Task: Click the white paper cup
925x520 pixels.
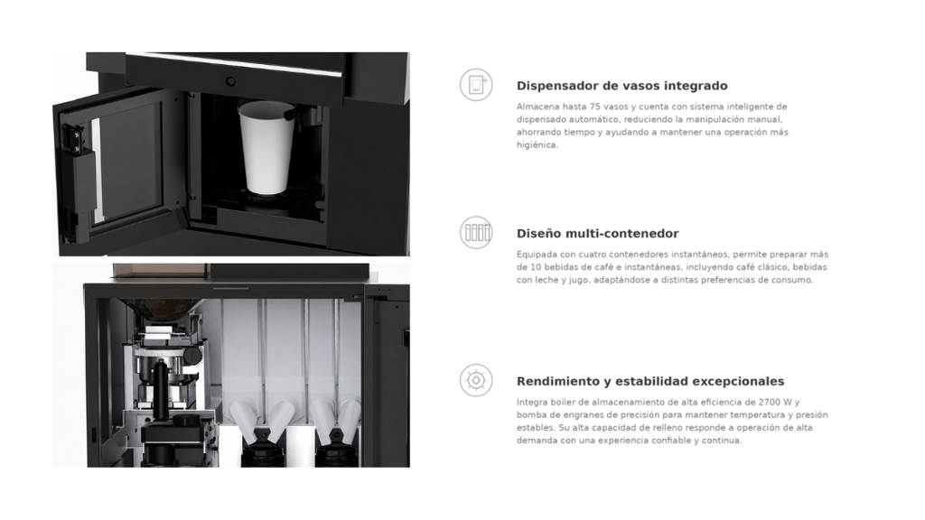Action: click(266, 147)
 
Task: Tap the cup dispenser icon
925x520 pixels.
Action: click(476, 85)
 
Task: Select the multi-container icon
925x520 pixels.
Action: click(476, 232)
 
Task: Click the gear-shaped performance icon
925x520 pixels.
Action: click(476, 380)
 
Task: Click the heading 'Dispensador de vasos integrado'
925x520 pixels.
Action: click(621, 86)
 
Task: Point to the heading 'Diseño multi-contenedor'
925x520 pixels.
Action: click(598, 234)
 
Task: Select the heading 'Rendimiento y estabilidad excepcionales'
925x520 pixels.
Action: click(650, 382)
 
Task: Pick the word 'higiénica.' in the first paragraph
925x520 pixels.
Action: click(537, 145)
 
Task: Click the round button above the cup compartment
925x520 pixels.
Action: click(230, 81)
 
